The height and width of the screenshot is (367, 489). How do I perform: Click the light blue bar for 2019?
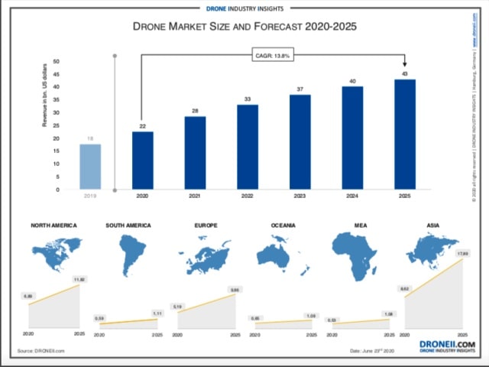[x=90, y=167]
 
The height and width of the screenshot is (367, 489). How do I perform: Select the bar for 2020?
[x=142, y=161]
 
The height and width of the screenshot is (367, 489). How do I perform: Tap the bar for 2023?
[x=300, y=142]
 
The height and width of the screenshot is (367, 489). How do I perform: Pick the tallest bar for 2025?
[x=405, y=134]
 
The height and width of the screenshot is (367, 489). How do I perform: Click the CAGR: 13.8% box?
[x=273, y=55]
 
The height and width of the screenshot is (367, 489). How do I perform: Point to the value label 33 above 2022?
[x=248, y=99]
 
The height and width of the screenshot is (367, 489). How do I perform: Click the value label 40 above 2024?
[x=352, y=81]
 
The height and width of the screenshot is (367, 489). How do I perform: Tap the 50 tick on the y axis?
[x=57, y=61]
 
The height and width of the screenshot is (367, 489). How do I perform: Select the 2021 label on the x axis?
[x=195, y=196]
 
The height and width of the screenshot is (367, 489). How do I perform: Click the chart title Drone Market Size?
[x=244, y=26]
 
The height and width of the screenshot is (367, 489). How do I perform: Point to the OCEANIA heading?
[x=283, y=226]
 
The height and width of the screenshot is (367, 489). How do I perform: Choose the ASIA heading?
[x=433, y=226]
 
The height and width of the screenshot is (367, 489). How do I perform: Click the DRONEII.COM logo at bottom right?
[x=447, y=346]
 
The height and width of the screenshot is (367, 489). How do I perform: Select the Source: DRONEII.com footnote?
[x=40, y=350]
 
